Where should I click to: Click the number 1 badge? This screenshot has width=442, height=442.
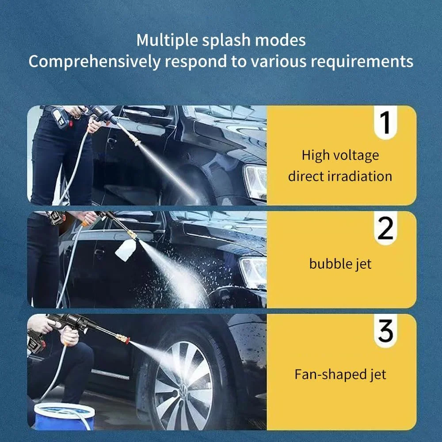click(x=385, y=122)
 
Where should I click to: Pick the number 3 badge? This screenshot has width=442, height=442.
click(x=385, y=331)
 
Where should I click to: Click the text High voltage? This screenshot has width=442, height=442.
click(x=340, y=156)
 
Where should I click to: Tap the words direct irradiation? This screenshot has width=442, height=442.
click(x=340, y=176)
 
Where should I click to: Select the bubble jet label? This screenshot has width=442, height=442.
click(x=340, y=264)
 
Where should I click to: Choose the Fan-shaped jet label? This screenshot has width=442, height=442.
click(x=340, y=374)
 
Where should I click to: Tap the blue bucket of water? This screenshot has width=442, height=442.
click(x=64, y=416)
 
